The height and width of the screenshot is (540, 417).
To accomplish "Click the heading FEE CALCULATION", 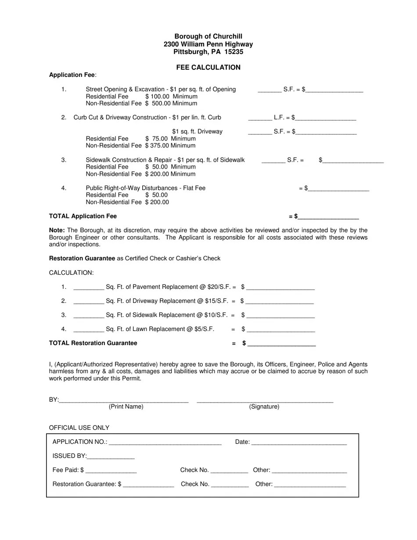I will [x=208, y=68].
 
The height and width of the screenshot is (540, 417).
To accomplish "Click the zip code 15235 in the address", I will [x=234, y=52].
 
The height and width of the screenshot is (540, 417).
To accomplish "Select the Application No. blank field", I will [x=165, y=442].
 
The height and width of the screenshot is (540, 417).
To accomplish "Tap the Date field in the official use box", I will [x=299, y=442].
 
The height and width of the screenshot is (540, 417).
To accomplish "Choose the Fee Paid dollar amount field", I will [x=111, y=470].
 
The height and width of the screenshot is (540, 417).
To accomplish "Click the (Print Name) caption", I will [x=126, y=407].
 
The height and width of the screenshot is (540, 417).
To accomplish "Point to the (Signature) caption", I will [x=264, y=407].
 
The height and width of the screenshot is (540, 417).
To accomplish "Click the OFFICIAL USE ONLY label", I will [x=79, y=428].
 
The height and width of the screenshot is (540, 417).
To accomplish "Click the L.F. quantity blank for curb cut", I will [x=260, y=118].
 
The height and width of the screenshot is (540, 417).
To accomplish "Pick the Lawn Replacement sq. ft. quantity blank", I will [x=89, y=329].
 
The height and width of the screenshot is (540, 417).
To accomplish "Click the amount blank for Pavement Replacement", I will [x=280, y=287].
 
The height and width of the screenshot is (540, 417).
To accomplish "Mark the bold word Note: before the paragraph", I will [x=57, y=230].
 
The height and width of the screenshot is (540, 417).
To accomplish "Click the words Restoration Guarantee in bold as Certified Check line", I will [x=82, y=259].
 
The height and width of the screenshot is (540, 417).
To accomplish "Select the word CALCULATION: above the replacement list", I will [x=71, y=273].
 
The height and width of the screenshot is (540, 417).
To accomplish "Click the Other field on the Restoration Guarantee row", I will [x=310, y=484].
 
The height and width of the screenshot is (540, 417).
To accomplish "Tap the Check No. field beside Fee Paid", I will [x=229, y=470].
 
